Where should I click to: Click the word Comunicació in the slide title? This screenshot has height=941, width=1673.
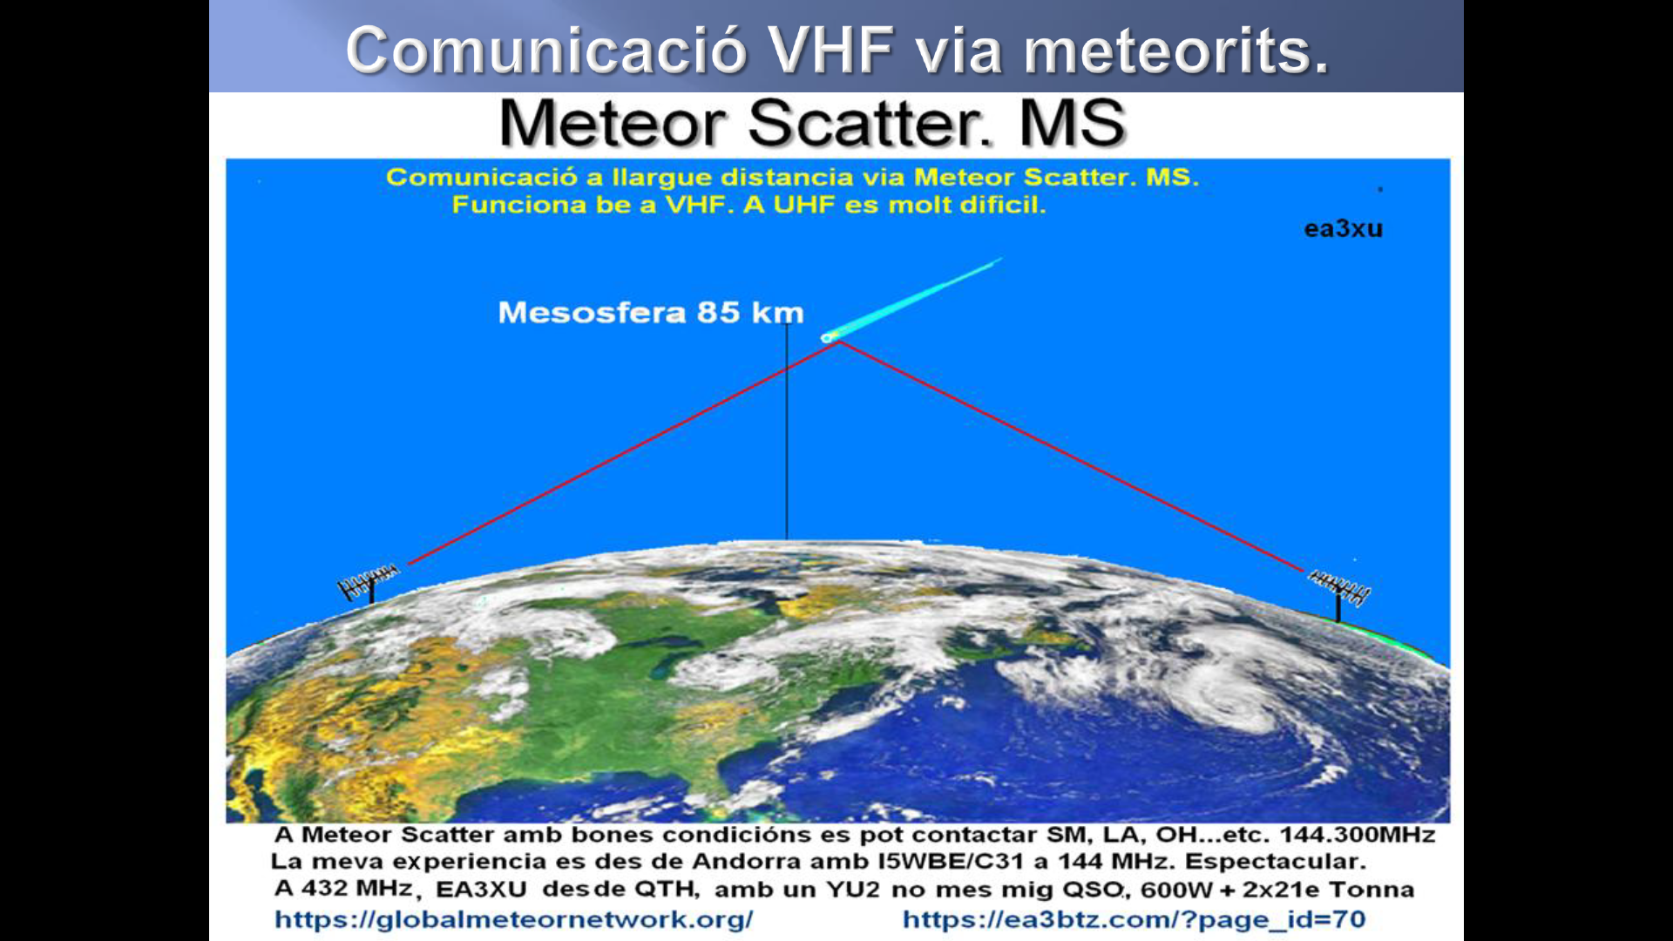click(x=547, y=51)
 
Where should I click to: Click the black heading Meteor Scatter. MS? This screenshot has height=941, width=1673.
click(x=813, y=123)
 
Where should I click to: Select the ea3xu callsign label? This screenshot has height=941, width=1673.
click(x=1343, y=229)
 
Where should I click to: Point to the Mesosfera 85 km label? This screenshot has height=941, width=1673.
click(x=651, y=313)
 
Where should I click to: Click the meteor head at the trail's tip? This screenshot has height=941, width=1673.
click(x=827, y=337)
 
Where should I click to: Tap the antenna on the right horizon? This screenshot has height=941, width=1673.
click(x=1338, y=591)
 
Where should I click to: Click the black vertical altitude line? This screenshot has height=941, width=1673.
click(x=787, y=431)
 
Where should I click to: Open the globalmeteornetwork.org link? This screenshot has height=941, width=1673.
click(x=514, y=919)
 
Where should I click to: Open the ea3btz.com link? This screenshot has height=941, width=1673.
click(x=1134, y=919)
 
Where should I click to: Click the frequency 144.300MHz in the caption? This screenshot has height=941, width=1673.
click(x=1357, y=835)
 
